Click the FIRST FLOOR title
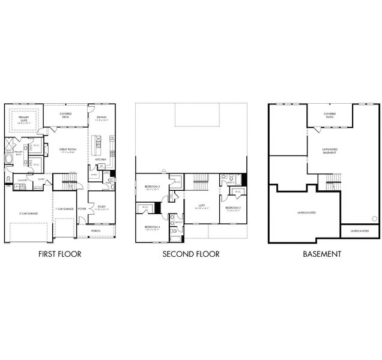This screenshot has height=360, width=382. [x=59, y=254]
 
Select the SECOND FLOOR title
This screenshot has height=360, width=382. [x=191, y=254]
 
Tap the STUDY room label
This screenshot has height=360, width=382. [x=100, y=208]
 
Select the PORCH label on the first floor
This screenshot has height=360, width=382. [x=96, y=230]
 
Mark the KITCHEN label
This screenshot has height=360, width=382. [x=100, y=159]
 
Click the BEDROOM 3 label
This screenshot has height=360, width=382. [x=152, y=188]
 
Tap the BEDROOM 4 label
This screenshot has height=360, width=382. [x=152, y=228]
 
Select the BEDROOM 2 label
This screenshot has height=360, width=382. [x=232, y=209]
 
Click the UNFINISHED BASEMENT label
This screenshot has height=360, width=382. [x=330, y=151]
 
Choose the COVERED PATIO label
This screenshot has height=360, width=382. [x=330, y=115]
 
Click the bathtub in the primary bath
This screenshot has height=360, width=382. [x=7, y=159]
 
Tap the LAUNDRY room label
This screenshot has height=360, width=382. [x=21, y=179]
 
